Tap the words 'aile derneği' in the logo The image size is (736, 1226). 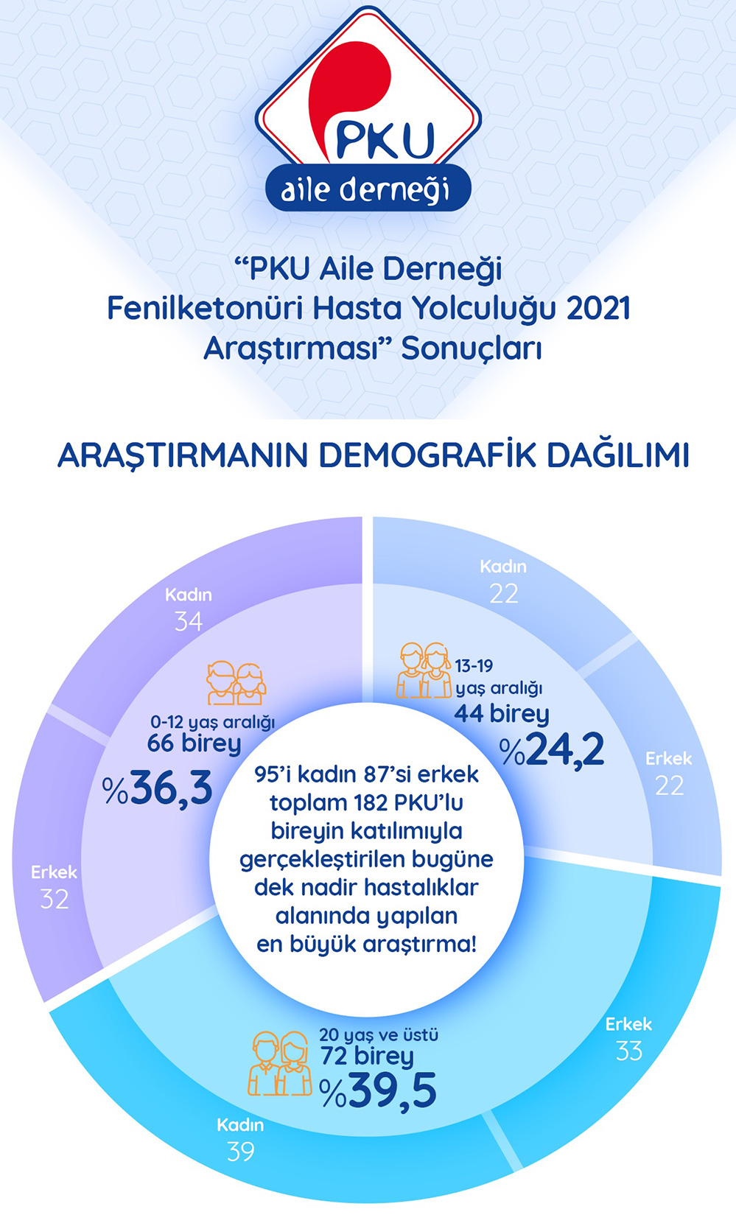pyautogui.click(x=365, y=190)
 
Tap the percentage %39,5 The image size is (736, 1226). pyautogui.click(x=379, y=1091)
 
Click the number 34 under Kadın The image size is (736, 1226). pyautogui.click(x=189, y=622)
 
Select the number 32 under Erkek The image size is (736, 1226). pyautogui.click(x=55, y=900)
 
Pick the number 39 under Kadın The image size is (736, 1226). pyautogui.click(x=240, y=1152)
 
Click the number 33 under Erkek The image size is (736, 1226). pyautogui.click(x=629, y=1051)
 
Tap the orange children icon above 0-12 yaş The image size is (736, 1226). pyautogui.click(x=236, y=684)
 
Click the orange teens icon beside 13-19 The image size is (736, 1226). pyautogui.click(x=424, y=670)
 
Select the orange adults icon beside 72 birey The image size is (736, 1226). pyautogui.click(x=280, y=1063)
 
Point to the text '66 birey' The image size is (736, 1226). pyautogui.click(x=194, y=743)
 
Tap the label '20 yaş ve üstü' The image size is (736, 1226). pyautogui.click(x=379, y=1034)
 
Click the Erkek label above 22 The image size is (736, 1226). pyautogui.click(x=668, y=758)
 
